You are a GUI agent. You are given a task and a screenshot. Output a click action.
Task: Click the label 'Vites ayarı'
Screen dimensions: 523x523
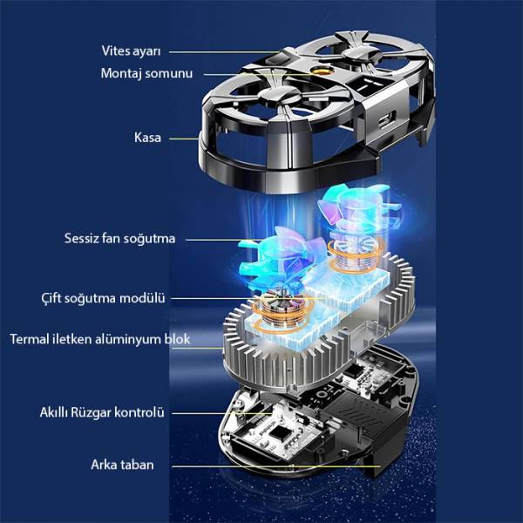tap(131, 51)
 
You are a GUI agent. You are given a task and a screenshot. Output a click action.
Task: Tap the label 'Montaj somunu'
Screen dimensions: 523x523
tap(146, 73)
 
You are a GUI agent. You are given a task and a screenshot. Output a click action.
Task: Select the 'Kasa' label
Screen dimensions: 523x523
tap(147, 138)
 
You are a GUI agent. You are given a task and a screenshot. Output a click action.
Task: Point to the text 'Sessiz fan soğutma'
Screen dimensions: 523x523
tap(119, 239)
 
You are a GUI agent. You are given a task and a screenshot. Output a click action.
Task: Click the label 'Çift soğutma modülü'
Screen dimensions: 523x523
tap(104, 298)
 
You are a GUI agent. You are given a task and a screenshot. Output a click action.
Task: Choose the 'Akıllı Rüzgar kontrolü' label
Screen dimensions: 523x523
tap(102, 412)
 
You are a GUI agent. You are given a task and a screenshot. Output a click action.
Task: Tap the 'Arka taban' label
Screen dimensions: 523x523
tap(122, 465)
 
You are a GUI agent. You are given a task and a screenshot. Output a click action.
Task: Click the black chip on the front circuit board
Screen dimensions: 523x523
tap(278, 432)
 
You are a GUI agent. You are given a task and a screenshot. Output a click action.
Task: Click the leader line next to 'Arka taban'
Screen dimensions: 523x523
tap(275, 466)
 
